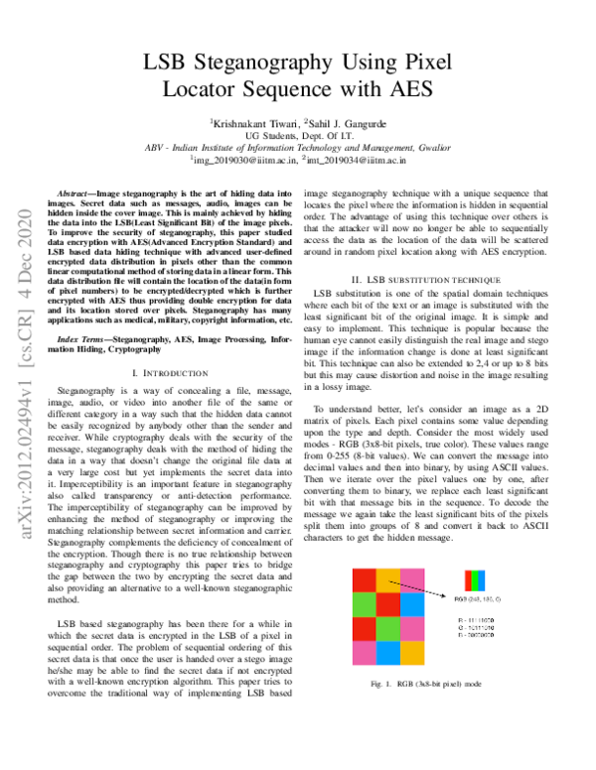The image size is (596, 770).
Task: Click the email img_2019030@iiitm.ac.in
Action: coord(243,159)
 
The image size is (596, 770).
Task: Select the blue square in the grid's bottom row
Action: coord(387,653)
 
